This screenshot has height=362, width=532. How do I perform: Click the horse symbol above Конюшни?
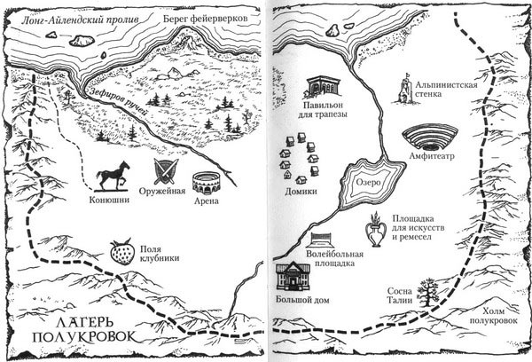[x=113, y=176]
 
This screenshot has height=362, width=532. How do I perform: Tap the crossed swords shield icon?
[x=166, y=171]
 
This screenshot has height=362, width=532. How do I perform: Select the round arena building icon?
[x=207, y=184]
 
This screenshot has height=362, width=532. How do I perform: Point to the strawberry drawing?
[x=122, y=251]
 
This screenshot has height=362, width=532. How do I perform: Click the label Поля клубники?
[x=159, y=254]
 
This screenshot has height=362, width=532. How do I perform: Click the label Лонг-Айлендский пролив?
[x=80, y=20]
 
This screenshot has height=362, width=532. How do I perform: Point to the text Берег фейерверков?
[x=206, y=19]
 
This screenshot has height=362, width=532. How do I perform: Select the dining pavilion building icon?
[x=324, y=88]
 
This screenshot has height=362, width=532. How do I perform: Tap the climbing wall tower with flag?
[x=405, y=88]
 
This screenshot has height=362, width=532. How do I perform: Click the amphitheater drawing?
[x=430, y=138]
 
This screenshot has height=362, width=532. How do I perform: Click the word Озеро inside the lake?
[x=368, y=183]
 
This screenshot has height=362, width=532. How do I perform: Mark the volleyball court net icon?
[x=320, y=240]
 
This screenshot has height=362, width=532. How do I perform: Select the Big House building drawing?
[x=293, y=277]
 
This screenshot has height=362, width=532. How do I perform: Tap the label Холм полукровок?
[x=500, y=316]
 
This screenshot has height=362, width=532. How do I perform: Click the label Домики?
[x=301, y=192]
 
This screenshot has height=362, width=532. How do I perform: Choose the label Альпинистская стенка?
[x=447, y=89]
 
